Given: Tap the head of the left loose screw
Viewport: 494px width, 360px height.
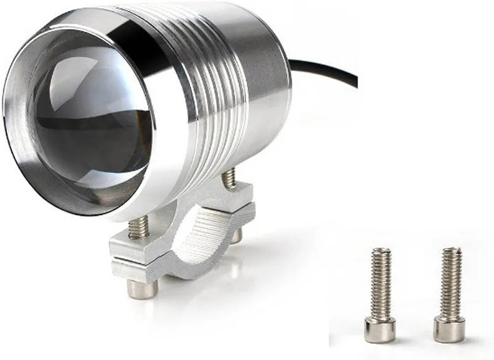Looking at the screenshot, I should coord(380,329).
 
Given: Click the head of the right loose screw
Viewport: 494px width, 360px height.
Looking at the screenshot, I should coord(449,329).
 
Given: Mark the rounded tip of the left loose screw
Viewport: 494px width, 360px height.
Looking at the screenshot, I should coord(381,251).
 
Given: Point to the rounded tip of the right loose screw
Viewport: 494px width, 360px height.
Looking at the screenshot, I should coord(452,251).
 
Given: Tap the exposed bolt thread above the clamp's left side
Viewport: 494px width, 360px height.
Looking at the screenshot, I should coord(139,227).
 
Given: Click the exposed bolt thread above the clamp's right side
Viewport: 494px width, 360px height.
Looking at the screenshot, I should coord(229,178).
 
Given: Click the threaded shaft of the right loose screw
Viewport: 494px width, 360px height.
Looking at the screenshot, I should coord(451,286).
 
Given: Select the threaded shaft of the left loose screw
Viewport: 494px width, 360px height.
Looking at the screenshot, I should coord(381,286).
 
